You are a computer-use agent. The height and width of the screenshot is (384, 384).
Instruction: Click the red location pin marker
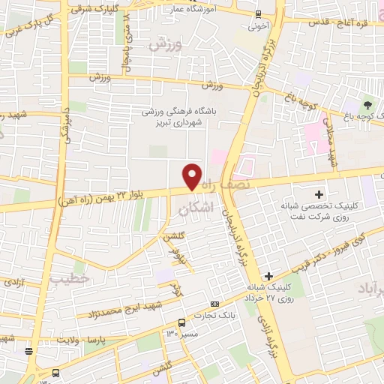pos(193,175)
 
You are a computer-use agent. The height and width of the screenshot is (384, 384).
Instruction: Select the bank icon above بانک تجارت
pos(216,304)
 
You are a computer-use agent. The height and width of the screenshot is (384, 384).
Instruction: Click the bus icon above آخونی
pos(259,14)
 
